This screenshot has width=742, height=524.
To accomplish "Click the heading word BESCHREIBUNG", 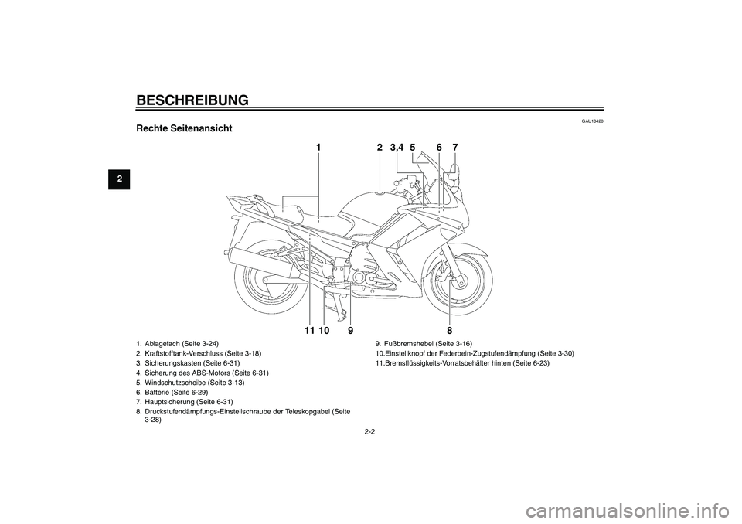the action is (x=192, y=100).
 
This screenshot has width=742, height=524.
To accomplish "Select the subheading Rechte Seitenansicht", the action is (x=184, y=128).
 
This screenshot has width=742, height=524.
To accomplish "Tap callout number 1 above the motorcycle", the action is (x=319, y=148).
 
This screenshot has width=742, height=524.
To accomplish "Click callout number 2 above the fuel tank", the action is (x=380, y=148).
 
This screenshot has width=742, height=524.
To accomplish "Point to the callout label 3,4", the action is (x=397, y=148).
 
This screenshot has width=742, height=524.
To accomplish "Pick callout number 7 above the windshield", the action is (x=454, y=148).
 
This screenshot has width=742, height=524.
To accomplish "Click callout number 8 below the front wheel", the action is (x=449, y=329).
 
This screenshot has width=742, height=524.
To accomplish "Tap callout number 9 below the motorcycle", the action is (x=351, y=330).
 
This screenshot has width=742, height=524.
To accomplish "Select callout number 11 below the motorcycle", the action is (x=309, y=330).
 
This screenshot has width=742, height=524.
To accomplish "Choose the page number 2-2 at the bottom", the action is (x=370, y=431).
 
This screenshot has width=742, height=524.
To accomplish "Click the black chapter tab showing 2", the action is (x=119, y=179).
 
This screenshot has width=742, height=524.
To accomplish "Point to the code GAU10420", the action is (x=594, y=121).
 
